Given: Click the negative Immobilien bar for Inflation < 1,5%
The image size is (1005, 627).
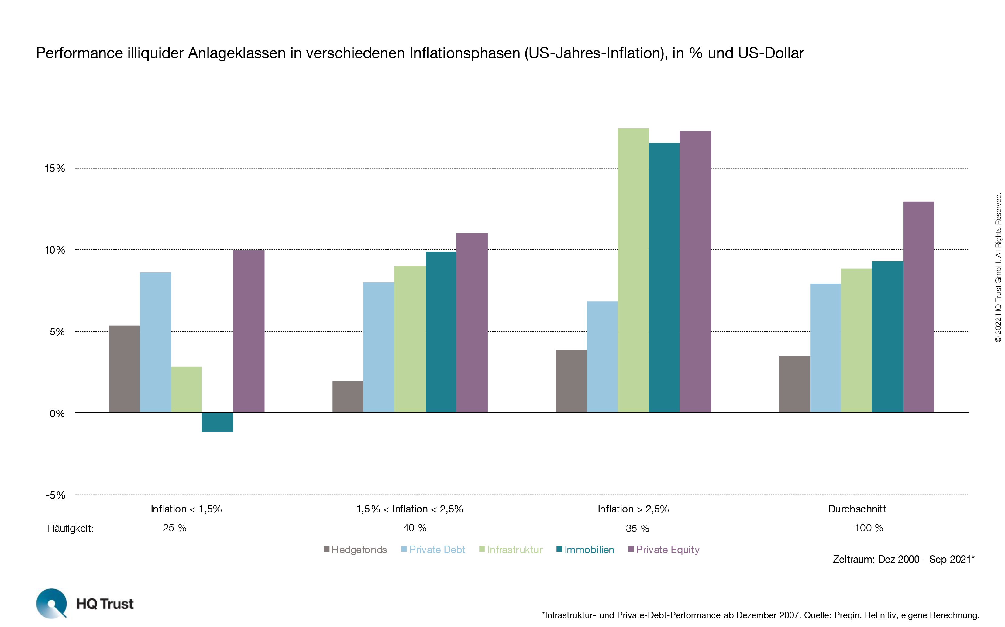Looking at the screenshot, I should point(217,422).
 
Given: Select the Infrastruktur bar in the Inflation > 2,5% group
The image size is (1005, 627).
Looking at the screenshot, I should point(633,269).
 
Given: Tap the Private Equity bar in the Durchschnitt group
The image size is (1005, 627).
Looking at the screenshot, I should point(918,307).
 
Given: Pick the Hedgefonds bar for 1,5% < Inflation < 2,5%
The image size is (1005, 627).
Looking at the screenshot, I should point(348,396).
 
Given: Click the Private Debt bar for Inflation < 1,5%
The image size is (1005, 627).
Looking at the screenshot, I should point(156,342).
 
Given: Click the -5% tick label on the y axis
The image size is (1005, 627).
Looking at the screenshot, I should point(56,495).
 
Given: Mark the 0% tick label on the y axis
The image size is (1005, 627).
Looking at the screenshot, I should point(57,413).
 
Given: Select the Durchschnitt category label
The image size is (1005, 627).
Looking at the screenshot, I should point(857,509).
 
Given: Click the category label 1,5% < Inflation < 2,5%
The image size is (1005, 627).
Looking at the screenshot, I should point(409,509).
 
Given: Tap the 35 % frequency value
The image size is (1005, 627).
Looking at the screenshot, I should point(637,528).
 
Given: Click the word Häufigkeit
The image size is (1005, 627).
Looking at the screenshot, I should point(71,529).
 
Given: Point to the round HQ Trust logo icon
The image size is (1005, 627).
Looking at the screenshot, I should point(51,603).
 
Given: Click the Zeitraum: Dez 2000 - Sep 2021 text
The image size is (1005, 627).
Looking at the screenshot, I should point(903,559).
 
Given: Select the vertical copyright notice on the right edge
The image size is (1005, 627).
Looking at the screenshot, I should point(998,267).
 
